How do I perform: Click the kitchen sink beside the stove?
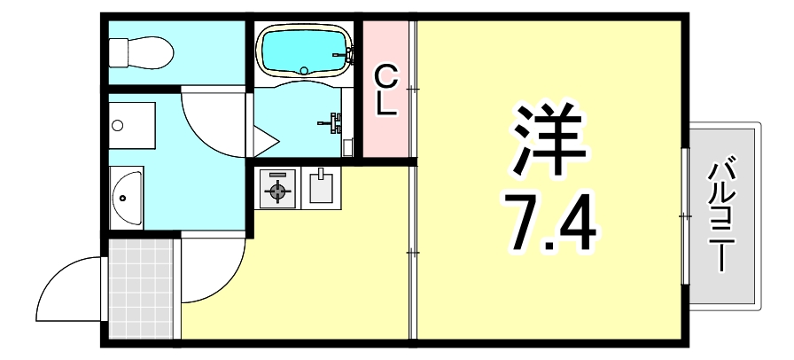320,188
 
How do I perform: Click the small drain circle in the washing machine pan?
118,125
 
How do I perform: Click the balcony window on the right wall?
684,215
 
